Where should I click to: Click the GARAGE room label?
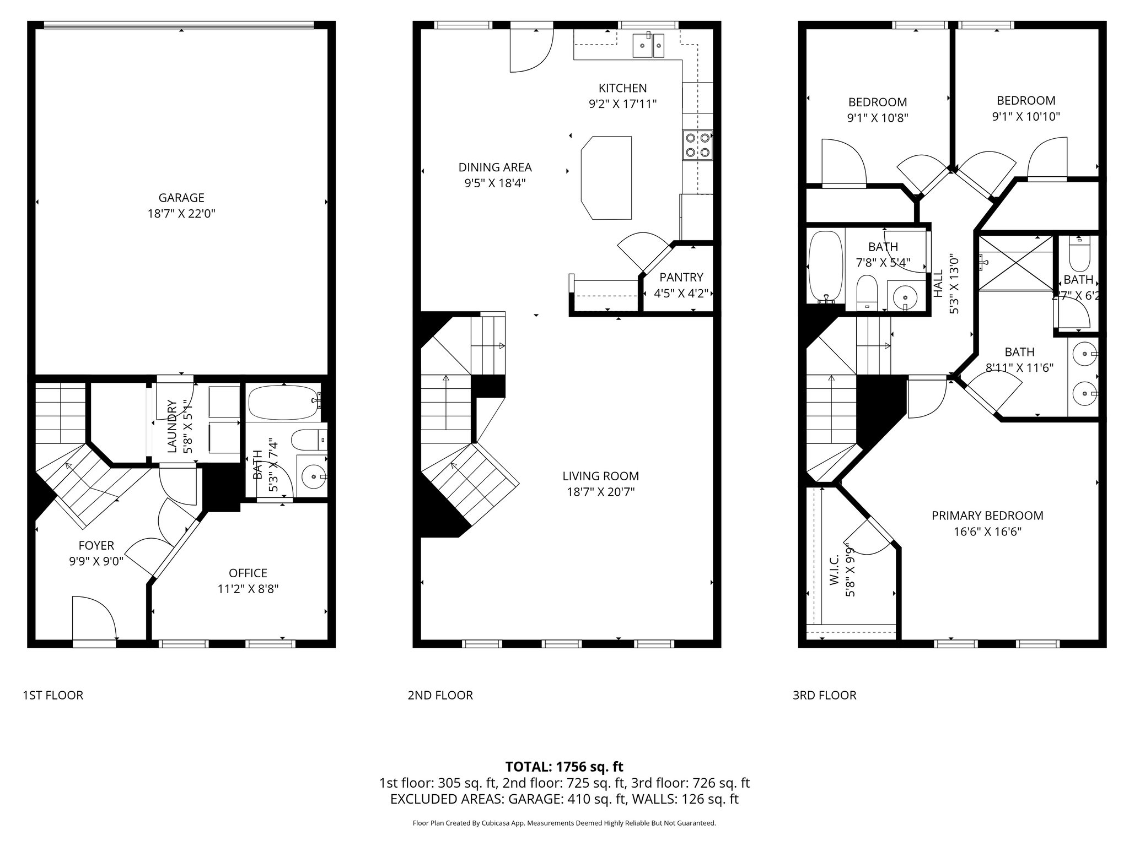[181, 198]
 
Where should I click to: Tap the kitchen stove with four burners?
[697, 145]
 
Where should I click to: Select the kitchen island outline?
[606, 178]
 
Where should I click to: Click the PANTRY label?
[681, 278]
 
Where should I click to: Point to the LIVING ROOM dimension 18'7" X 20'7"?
[600, 492]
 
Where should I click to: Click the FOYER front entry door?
[94, 620]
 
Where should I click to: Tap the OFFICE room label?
[248, 573]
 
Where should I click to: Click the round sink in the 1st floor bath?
[313, 475]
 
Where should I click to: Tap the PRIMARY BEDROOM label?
[987, 516]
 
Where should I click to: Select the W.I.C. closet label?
[834, 570]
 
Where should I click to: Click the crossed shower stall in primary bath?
[1015, 263]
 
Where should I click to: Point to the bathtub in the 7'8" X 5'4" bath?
[825, 267]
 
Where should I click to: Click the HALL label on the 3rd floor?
[938, 284]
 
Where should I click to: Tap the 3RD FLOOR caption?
[824, 695]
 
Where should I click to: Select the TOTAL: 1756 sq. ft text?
[564, 766]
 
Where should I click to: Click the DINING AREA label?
[495, 167]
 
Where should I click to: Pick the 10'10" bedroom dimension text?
[1026, 116]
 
